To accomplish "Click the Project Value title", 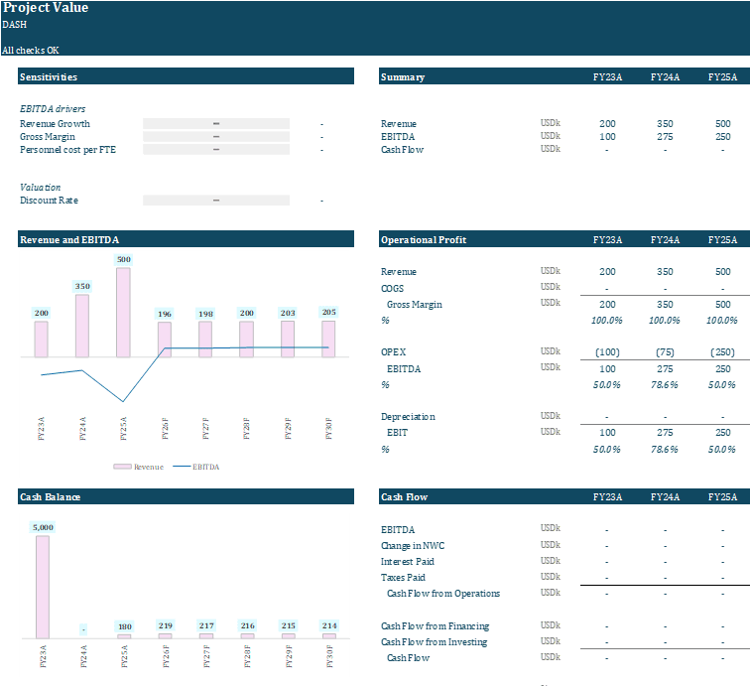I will click(x=46, y=8).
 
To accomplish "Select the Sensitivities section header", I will click(x=49, y=76).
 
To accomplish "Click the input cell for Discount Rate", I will click(x=216, y=200).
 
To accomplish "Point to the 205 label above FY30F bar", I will click(x=329, y=313).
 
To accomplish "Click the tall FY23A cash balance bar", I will click(x=42, y=587).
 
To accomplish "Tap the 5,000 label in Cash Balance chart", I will click(x=43, y=527).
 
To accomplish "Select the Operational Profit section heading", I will click(x=424, y=239).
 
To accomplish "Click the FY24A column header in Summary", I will click(x=665, y=76).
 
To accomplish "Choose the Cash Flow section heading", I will click(x=405, y=495).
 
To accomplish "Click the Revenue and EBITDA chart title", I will click(x=69, y=239).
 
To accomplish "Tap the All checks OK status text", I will click(x=30, y=50).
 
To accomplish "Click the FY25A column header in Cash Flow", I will click(x=722, y=495).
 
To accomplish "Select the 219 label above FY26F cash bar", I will click(x=166, y=625).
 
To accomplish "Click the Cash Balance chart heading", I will click(x=51, y=495).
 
